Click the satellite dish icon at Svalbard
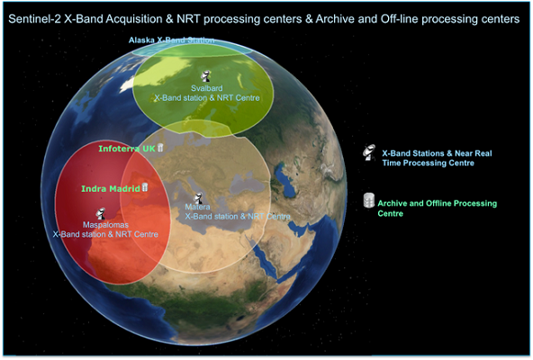point(205,76)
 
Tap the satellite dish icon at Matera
point(198,198)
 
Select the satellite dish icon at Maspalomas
point(100,213)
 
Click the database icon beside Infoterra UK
point(160,148)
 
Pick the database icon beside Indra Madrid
point(145,187)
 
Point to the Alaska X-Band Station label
point(171,40)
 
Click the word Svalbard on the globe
point(207,88)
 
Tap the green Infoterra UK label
point(127,148)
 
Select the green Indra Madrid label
point(111,188)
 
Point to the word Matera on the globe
point(197,207)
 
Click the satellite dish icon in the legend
point(369,153)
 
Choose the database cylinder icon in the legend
point(369,200)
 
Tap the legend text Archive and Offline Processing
point(438,203)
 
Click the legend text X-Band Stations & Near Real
point(437,153)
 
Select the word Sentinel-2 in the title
point(35,19)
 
